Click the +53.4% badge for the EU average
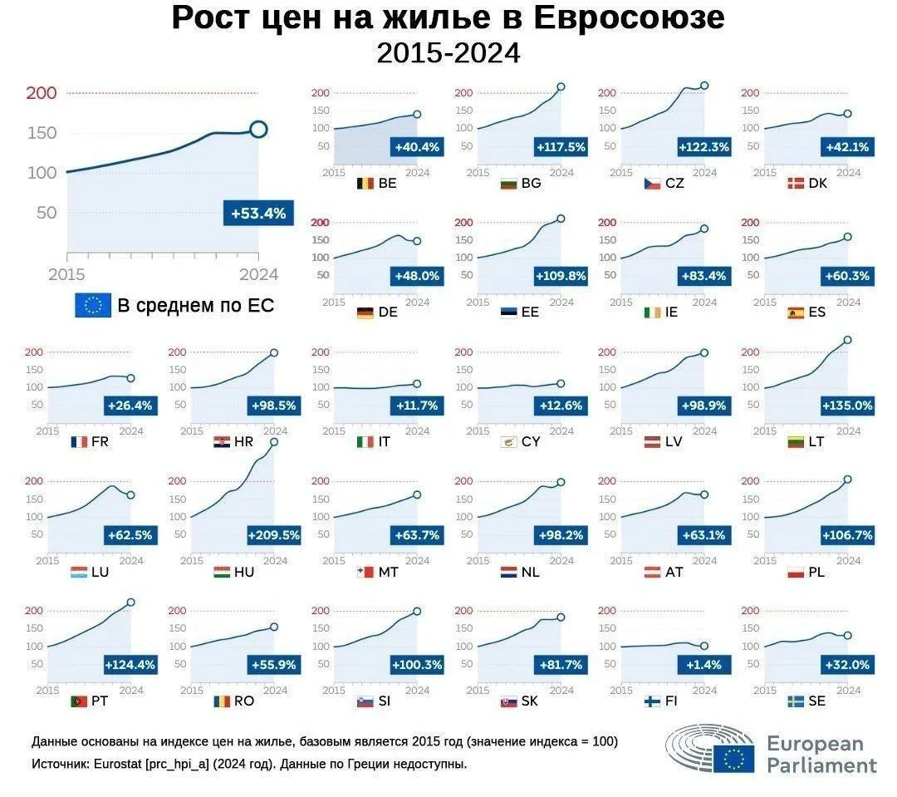[x=258, y=213]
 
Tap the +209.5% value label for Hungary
[x=274, y=535]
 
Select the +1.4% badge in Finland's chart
[x=703, y=665]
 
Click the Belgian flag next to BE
[x=365, y=183]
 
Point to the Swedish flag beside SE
[x=795, y=701]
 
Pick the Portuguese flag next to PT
[x=78, y=701]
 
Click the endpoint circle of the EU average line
[x=258, y=130]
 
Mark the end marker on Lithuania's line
[x=848, y=340]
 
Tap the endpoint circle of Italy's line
[x=417, y=384]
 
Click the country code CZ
[x=674, y=183]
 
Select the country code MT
[x=389, y=572]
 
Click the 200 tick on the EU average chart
[x=42, y=93]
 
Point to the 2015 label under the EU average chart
[x=66, y=275]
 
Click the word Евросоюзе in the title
[x=630, y=17]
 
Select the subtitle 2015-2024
[x=448, y=53]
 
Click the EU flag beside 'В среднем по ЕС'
[x=93, y=305]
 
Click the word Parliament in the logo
[x=822, y=765]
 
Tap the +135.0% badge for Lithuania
[x=847, y=406]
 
